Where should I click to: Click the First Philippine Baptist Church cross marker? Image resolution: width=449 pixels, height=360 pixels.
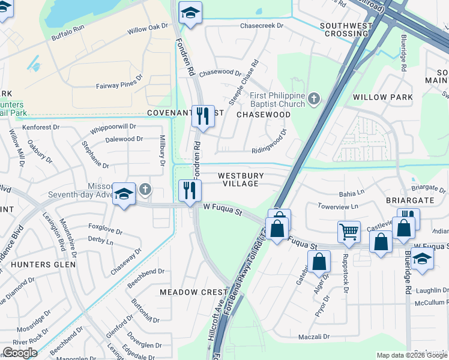point(313,98)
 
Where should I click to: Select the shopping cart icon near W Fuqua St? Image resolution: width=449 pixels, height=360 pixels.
point(349,231)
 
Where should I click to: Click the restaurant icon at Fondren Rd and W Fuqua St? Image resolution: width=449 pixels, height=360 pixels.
point(190,191)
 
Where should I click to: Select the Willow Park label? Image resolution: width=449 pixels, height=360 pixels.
point(382,97)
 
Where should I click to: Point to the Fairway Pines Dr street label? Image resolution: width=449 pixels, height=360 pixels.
point(119,86)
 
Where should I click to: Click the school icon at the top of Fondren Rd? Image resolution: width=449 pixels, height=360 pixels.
point(190,13)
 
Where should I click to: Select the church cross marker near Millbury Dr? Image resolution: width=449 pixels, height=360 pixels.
point(144,190)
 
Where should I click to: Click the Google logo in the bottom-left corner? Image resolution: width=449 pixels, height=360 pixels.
point(19,353)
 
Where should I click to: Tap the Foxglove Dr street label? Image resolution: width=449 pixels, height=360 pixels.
point(105,230)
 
